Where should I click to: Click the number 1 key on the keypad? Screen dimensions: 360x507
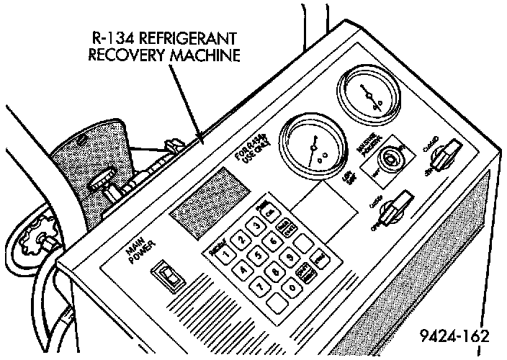226,254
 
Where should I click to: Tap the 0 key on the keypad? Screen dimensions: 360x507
292,287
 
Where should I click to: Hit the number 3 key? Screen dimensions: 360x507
255,226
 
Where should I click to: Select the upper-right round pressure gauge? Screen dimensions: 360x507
368,96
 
